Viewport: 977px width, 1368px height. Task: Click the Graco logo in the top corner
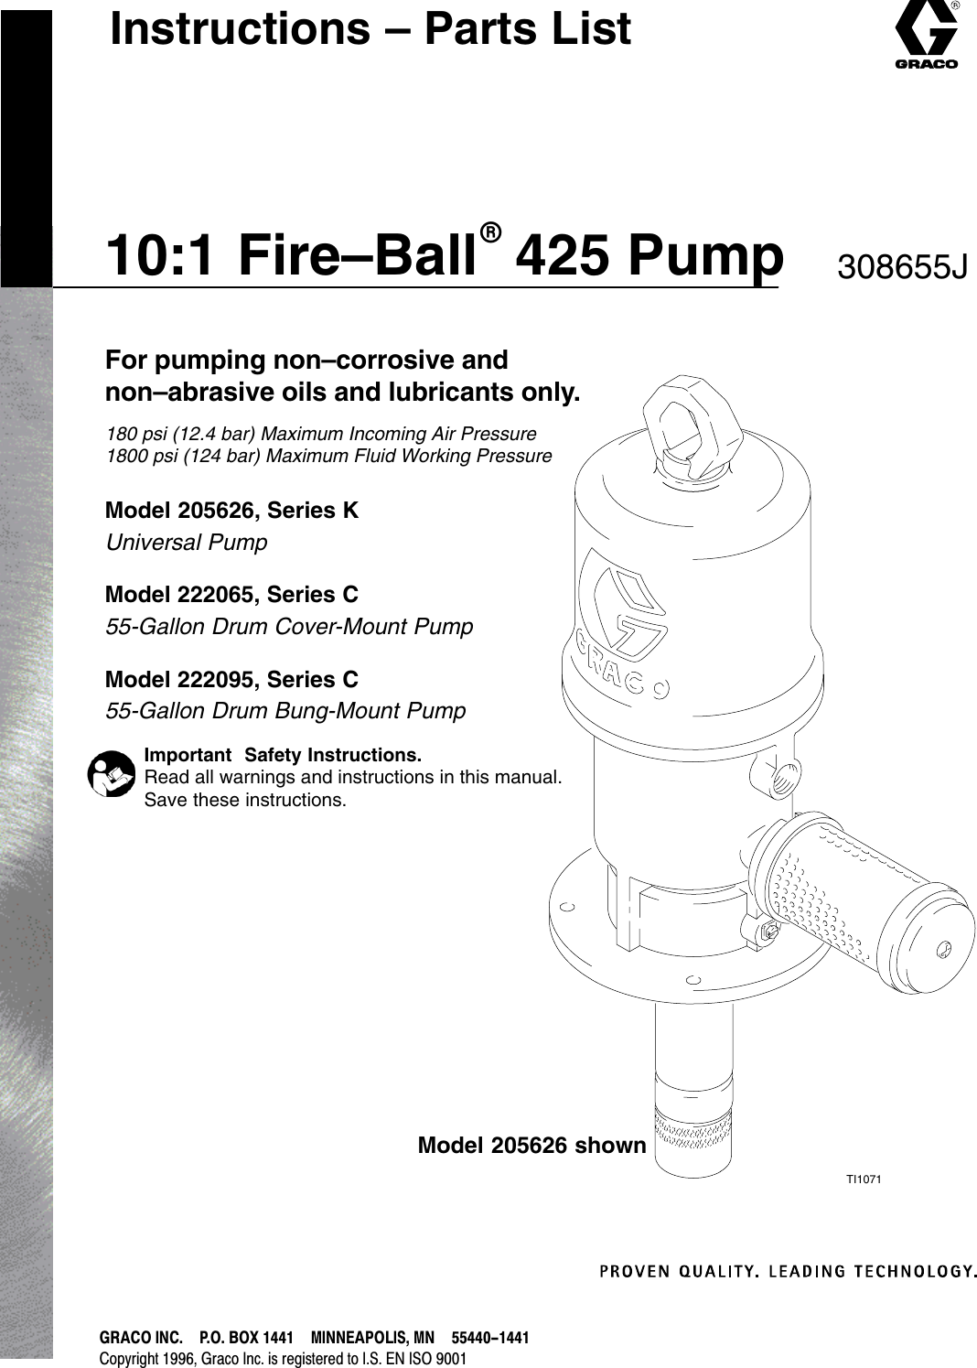(x=926, y=36)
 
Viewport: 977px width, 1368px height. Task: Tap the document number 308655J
(x=901, y=267)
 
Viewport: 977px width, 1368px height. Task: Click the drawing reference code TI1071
(x=863, y=1179)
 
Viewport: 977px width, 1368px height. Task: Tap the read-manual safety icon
(x=112, y=774)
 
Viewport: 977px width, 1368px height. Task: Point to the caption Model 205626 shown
(x=531, y=1146)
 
